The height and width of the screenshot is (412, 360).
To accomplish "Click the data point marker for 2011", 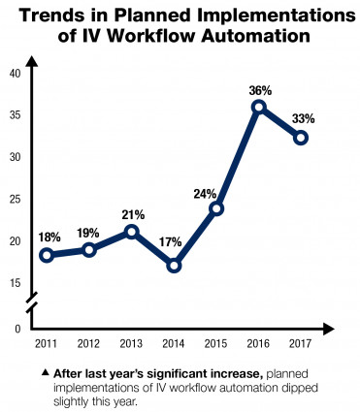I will click(x=46, y=255).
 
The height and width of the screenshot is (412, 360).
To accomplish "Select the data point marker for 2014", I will click(x=175, y=265).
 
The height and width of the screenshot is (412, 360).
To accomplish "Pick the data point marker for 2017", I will click(x=301, y=138).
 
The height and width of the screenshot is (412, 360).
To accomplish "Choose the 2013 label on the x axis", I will click(x=131, y=344).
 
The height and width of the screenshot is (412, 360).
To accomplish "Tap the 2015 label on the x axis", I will click(x=216, y=344).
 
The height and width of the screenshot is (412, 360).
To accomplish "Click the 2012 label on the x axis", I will click(x=88, y=344).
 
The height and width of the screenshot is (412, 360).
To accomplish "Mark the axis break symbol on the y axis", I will click(x=32, y=302).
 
